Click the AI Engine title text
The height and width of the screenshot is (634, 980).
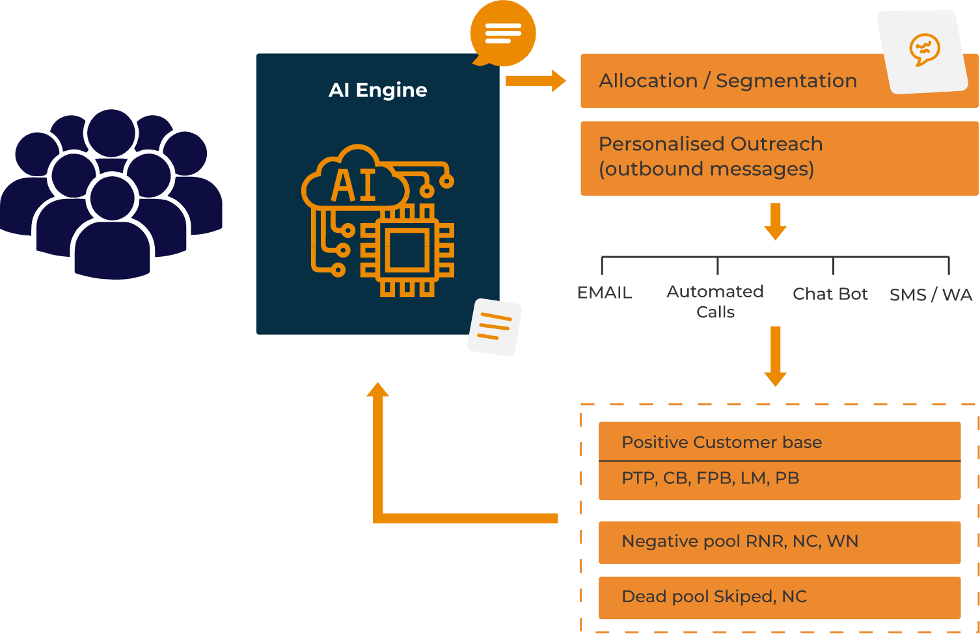tap(378, 90)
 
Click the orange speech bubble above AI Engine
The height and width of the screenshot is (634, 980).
tap(502, 34)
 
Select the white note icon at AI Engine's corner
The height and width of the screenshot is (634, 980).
tap(495, 327)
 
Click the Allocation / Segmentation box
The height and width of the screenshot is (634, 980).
tap(728, 81)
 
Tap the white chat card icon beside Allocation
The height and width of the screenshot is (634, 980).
tap(923, 51)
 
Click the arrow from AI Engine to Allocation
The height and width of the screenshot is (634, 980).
tap(536, 81)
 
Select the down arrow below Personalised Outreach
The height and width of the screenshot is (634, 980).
tap(775, 222)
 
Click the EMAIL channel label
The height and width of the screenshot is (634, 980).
tap(605, 293)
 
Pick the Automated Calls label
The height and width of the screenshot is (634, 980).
tap(715, 302)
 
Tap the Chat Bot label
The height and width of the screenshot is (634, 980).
tap(830, 294)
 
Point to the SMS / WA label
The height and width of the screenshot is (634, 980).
tap(931, 295)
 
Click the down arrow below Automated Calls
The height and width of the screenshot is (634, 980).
tap(775, 356)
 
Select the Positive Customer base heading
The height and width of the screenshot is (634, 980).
tap(722, 442)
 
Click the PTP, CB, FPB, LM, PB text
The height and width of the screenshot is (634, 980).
tap(710, 478)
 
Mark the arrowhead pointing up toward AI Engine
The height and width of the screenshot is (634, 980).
tap(377, 390)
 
